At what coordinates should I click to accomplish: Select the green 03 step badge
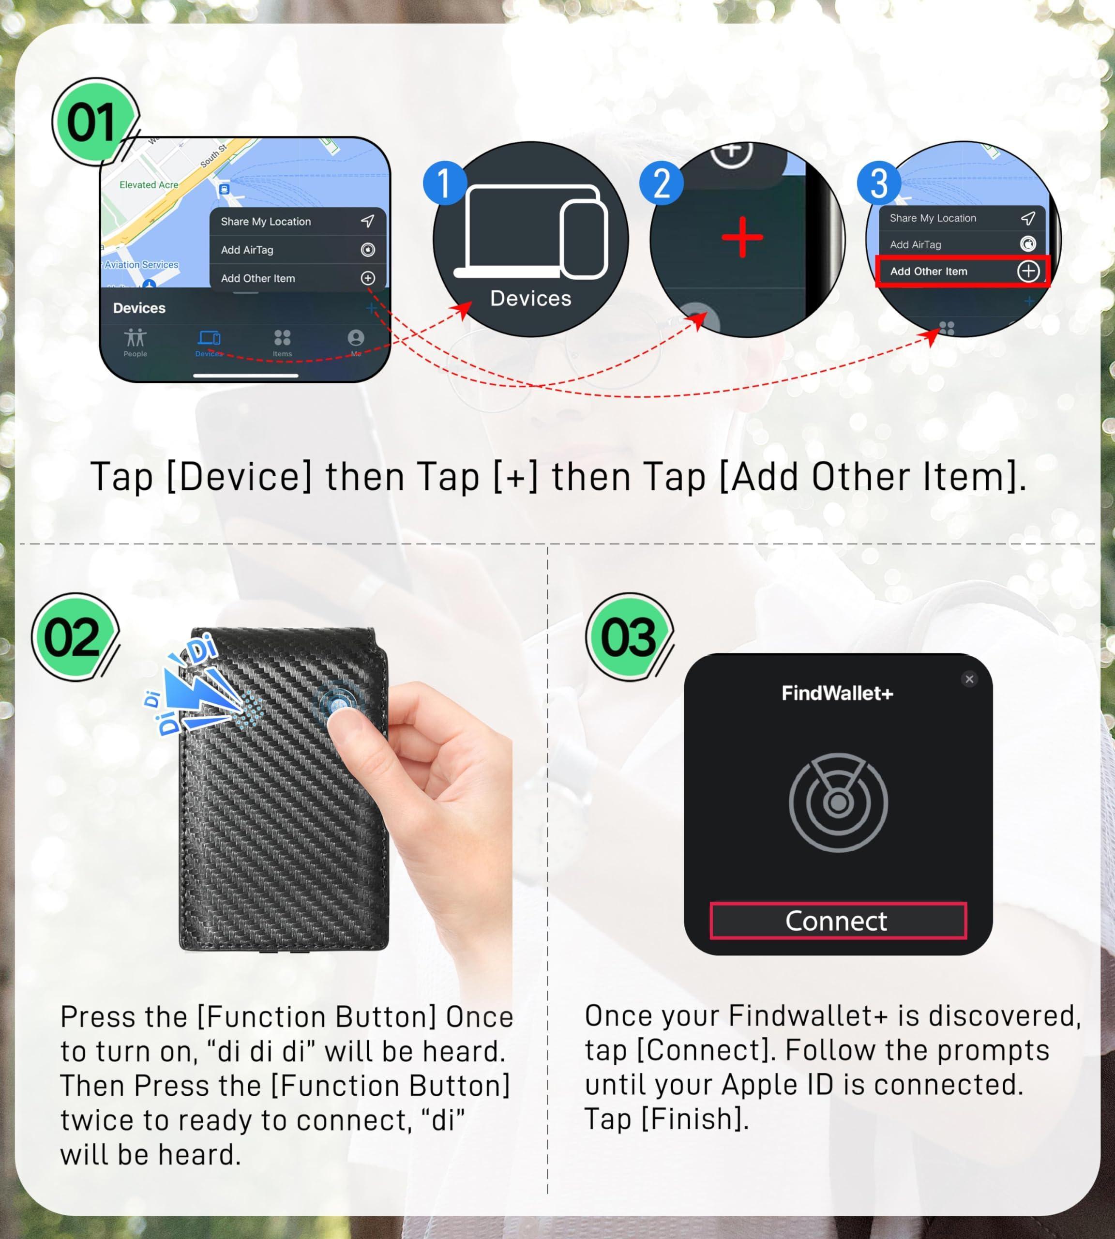tap(629, 636)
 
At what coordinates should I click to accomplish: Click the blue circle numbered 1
tap(445, 182)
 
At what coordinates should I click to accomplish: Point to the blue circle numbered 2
tap(661, 182)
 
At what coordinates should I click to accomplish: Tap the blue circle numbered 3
tap(878, 182)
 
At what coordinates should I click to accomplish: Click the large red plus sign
tap(742, 237)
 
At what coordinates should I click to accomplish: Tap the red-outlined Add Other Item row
tap(963, 272)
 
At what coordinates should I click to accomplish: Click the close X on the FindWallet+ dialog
tap(969, 679)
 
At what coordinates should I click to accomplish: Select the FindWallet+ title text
tap(838, 693)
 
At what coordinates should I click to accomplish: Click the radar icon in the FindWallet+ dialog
tap(838, 802)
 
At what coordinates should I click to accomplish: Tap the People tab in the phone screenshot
tap(136, 342)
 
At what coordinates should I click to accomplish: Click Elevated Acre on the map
tap(149, 184)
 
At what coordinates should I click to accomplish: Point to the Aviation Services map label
tap(141, 265)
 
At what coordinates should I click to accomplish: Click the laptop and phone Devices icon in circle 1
tap(530, 232)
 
